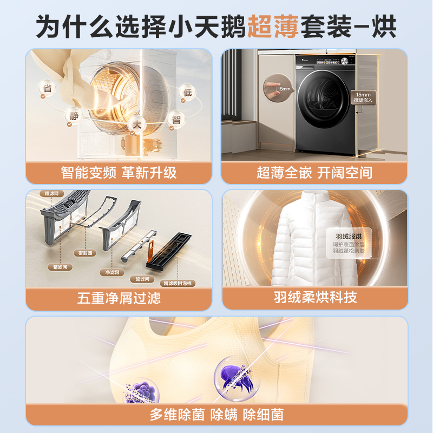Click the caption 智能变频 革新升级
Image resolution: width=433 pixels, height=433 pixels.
tap(119, 173)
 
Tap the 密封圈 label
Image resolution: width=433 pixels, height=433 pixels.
tap(86, 252)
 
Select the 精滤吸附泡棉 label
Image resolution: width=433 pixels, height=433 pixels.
tap(179, 283)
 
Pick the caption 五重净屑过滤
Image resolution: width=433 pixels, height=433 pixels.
tap(119, 298)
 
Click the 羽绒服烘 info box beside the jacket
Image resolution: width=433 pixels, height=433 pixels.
tap(345, 243)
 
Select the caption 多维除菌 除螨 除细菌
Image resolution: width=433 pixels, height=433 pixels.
tap(216, 415)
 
